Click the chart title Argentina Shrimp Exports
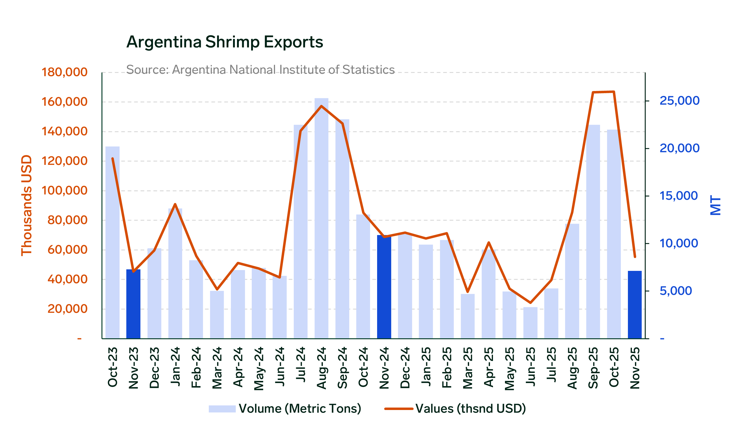tap(225, 42)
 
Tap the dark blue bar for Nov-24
tap(384, 287)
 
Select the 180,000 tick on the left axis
tap(64, 72)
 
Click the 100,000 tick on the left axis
tap(64, 191)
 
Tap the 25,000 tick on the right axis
tap(679, 101)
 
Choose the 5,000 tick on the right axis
tap(676, 291)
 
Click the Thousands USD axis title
tap(27, 205)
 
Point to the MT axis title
tap(716, 205)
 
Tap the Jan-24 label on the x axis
tap(175, 367)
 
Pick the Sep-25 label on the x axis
tap(593, 368)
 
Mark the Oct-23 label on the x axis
tap(113, 367)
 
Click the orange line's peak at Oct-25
tap(614, 92)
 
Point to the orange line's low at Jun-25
tap(530, 303)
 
